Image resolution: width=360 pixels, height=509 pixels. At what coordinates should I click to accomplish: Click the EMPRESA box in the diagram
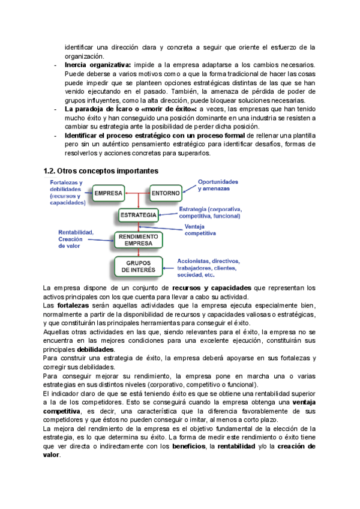109,193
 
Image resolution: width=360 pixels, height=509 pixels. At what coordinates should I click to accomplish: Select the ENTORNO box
164,193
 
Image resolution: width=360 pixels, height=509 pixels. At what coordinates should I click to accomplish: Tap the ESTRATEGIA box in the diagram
139,215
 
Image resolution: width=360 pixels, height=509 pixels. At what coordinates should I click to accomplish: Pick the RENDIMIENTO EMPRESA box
139,240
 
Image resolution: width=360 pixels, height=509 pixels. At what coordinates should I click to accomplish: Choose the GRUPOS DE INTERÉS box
139,267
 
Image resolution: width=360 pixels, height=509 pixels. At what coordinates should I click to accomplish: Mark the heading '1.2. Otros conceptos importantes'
101,170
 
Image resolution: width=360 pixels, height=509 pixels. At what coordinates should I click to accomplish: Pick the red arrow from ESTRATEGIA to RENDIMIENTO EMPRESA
139,227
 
